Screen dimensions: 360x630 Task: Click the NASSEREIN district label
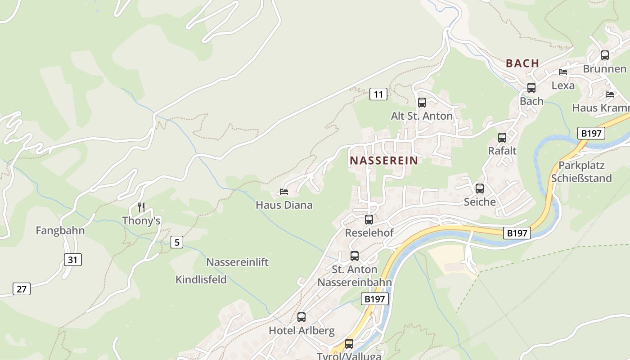[x=384, y=160]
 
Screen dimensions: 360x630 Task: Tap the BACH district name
[x=522, y=63]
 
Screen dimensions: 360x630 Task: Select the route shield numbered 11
[x=378, y=94]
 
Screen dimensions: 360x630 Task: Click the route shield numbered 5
[x=177, y=242]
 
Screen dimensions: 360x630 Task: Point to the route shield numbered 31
[x=73, y=260]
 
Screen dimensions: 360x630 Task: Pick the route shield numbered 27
[x=22, y=289]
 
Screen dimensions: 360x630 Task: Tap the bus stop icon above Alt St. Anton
[x=422, y=103]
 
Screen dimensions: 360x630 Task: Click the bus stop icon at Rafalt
[x=502, y=138]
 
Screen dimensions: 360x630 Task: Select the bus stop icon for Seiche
[x=480, y=189]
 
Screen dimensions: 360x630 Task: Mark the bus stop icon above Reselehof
[x=369, y=220]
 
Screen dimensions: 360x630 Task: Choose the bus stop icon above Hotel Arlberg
[x=301, y=317]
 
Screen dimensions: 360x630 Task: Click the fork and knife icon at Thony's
[x=141, y=207]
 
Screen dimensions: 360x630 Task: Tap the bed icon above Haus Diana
[x=284, y=192]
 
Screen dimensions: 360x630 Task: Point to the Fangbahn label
[x=60, y=231]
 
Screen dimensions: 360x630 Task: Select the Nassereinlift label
[x=237, y=262]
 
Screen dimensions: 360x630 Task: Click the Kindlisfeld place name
[x=201, y=279]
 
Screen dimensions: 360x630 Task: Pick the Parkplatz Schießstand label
[x=581, y=171]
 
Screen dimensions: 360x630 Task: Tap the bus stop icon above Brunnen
[x=605, y=55]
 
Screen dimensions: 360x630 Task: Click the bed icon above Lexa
[x=563, y=72]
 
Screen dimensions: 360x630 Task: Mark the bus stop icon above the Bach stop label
[x=531, y=88]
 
